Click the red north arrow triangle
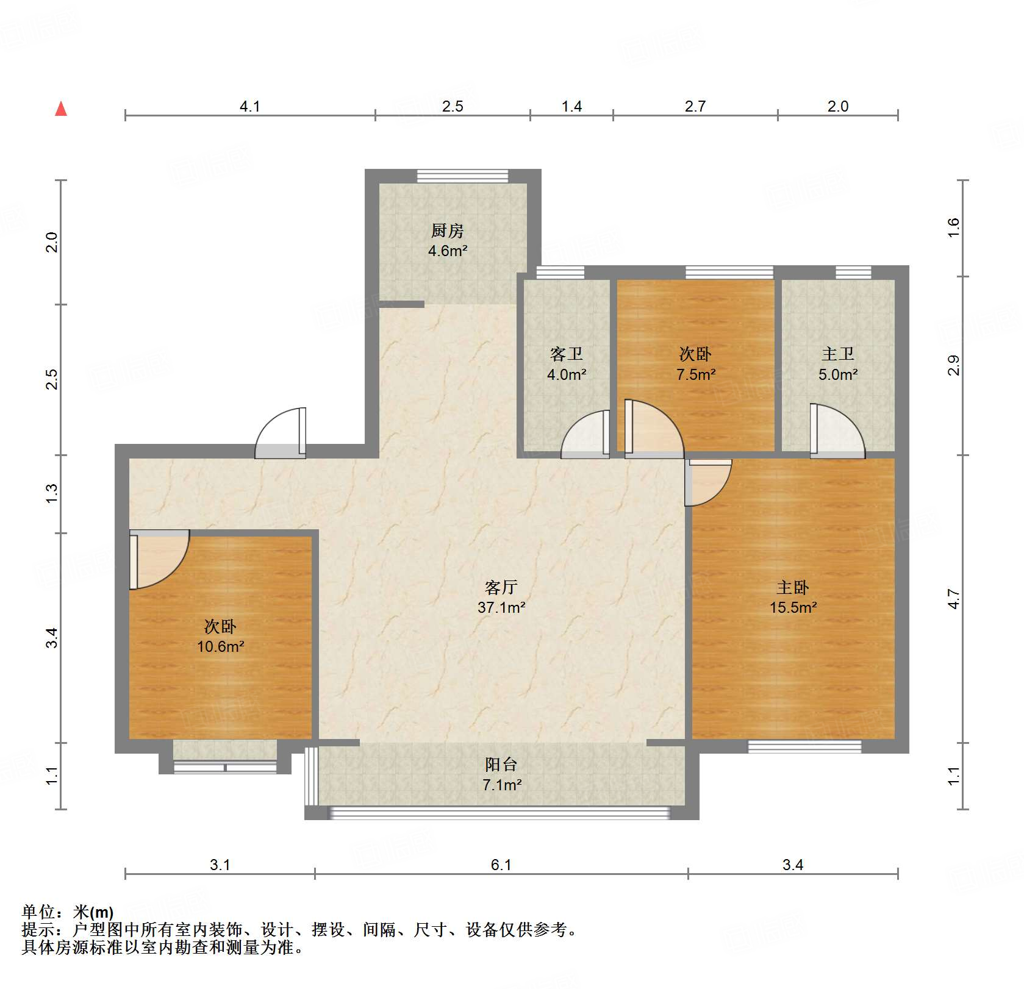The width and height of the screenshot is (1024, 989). (61, 109)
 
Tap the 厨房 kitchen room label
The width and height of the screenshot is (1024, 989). (447, 230)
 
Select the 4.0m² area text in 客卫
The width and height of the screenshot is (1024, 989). (566, 374)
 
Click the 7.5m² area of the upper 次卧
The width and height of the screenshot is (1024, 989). (695, 374)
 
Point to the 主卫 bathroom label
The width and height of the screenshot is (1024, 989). (837, 354)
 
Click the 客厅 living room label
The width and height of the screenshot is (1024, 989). (501, 587)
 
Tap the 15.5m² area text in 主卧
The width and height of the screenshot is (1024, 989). (793, 607)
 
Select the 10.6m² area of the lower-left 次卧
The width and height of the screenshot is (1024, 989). (220, 646)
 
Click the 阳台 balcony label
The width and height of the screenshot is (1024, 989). (501, 765)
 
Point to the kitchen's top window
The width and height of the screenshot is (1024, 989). (462, 176)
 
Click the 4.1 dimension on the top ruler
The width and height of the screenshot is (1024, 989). (249, 107)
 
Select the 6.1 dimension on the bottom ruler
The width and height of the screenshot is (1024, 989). (501, 865)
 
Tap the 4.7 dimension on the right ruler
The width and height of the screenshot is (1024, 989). (954, 599)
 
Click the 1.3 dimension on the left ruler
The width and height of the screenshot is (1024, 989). (52, 493)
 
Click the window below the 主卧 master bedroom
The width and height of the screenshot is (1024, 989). (804, 746)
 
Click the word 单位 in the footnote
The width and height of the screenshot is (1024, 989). (38, 912)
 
